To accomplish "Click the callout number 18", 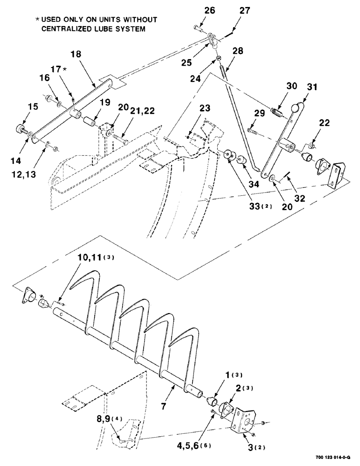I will pos(76,54).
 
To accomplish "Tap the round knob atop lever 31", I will pos(295,108).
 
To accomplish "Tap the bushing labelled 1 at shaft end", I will pos(212,400).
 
